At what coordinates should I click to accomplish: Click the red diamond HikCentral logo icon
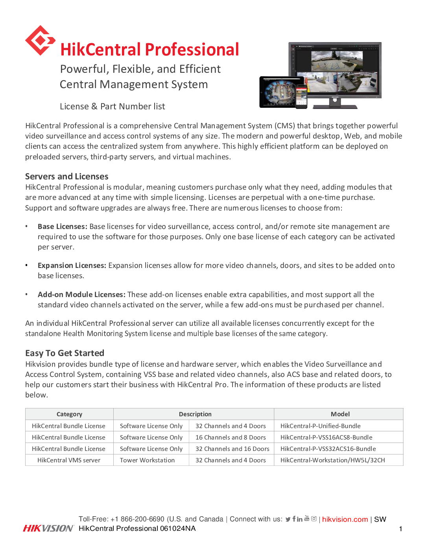click(40, 41)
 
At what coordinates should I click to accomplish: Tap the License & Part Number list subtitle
click(112, 107)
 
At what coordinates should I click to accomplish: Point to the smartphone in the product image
click(301, 97)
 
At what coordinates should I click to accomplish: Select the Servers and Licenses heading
click(66, 176)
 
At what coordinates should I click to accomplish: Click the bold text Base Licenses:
click(62, 227)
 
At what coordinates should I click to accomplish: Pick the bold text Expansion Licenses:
click(72, 266)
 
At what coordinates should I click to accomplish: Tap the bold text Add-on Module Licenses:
click(81, 295)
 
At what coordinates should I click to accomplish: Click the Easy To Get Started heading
click(65, 353)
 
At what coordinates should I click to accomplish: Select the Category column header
click(69, 414)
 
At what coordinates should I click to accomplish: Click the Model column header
click(340, 414)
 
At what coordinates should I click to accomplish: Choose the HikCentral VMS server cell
click(69, 460)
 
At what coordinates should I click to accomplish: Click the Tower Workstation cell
click(147, 460)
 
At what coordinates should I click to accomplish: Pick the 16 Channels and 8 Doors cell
click(231, 437)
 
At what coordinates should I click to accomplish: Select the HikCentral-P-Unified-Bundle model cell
click(320, 426)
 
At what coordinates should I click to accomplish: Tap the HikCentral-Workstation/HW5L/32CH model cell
click(332, 460)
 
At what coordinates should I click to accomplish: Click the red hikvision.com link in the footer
click(345, 519)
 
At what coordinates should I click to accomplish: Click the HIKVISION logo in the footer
click(48, 528)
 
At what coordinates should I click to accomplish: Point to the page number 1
click(400, 529)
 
